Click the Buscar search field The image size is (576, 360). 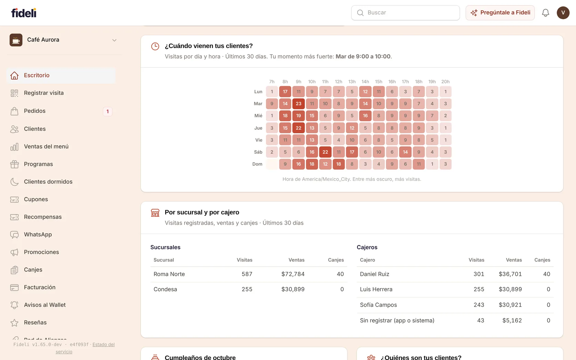pos(405,12)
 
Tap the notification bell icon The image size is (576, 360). pos(546,12)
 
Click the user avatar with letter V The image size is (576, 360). pos(563,12)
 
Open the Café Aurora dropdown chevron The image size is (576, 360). pos(115,40)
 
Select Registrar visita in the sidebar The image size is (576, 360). pos(44,93)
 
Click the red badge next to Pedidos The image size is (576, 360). pos(108,111)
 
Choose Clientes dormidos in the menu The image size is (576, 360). pos(48,181)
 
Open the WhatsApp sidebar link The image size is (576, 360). pos(38,234)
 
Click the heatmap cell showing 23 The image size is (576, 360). pos(298,103)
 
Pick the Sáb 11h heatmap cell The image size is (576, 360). pos(325,152)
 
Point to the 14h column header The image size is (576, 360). pos(365,81)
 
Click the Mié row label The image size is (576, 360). pos(258,116)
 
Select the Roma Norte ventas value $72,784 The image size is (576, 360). pos(293,274)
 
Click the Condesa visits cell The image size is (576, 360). pos(247,289)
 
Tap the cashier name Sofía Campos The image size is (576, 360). pos(378,305)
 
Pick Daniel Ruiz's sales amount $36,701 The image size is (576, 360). pos(510,274)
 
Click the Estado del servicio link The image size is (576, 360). pos(85,348)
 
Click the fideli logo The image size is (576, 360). pos(24,12)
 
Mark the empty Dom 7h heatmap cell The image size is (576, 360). pos(272,164)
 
